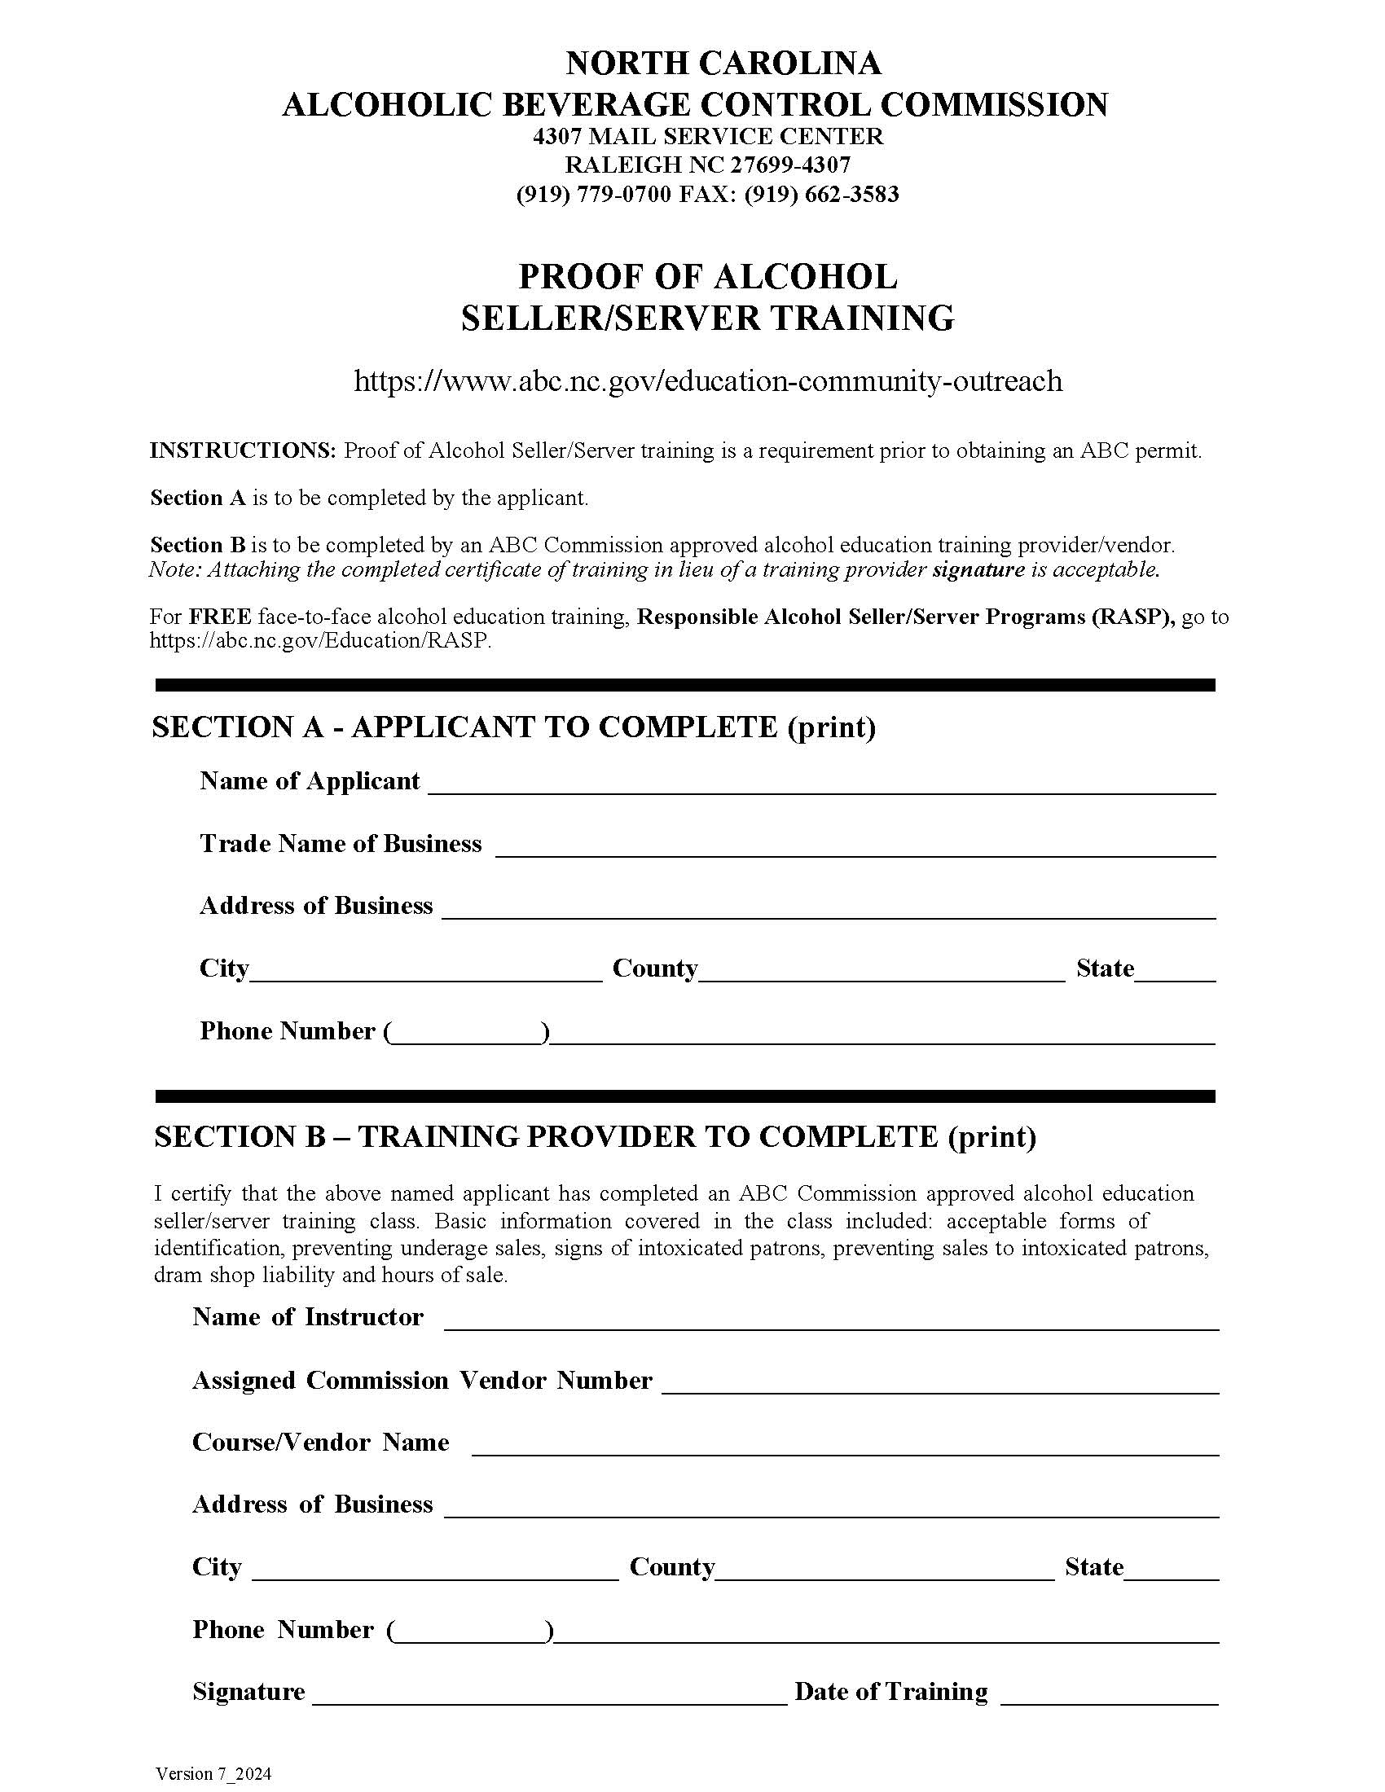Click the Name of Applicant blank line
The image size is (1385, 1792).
point(820,785)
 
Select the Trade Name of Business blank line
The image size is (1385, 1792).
point(855,848)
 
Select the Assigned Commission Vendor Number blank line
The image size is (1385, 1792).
point(939,1384)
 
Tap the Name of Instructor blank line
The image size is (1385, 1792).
point(830,1321)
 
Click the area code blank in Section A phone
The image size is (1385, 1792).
point(465,1034)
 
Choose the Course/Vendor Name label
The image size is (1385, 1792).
point(320,1443)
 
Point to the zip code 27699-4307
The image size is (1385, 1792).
point(790,165)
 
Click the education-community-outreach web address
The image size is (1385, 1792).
point(707,380)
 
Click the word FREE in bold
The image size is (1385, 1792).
point(220,617)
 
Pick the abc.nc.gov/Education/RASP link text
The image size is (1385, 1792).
point(320,641)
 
